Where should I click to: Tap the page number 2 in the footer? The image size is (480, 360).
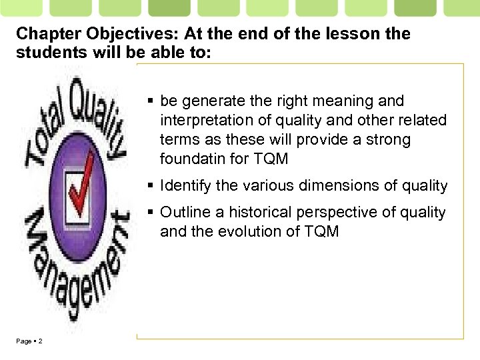pos(41,341)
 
